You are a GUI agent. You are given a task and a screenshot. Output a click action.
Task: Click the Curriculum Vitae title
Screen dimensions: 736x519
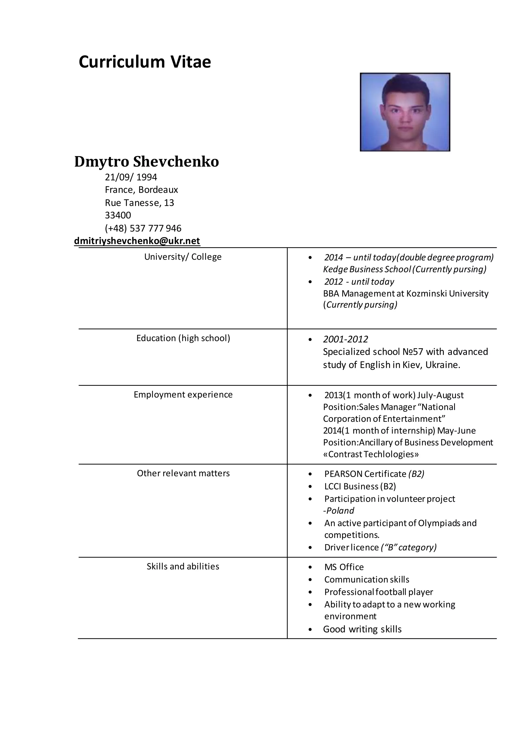pyautogui.click(x=145, y=62)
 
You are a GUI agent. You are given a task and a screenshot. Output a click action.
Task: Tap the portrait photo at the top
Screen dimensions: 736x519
pyautogui.click(x=405, y=112)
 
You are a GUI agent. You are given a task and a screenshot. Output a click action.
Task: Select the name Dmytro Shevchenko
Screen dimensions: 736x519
pyautogui.click(x=147, y=162)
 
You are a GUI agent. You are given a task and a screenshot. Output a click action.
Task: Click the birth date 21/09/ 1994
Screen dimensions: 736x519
pyautogui.click(x=131, y=177)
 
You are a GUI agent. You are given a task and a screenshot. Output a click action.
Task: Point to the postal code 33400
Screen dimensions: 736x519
pyautogui.click(x=118, y=215)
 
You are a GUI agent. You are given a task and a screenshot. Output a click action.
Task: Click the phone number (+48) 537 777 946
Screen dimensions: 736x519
pyautogui.click(x=143, y=228)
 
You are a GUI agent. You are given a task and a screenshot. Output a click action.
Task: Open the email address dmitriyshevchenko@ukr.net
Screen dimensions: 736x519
pyautogui.click(x=137, y=241)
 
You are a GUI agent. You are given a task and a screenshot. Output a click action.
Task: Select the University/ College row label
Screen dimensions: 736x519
pyautogui.click(x=183, y=257)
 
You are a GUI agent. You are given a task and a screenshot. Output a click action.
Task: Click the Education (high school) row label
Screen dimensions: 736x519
pyautogui.click(x=183, y=338)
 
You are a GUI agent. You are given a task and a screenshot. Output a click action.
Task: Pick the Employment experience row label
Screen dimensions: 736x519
pyautogui.click(x=183, y=395)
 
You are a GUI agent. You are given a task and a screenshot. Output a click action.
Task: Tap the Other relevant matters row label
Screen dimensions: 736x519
pyautogui.click(x=183, y=474)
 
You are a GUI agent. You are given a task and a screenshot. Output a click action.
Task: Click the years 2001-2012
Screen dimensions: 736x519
pyautogui.click(x=345, y=339)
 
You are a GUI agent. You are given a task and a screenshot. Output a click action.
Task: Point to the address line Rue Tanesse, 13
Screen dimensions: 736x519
pyautogui.click(x=139, y=203)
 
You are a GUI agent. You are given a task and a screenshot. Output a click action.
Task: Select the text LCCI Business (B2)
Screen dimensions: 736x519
pyautogui.click(x=360, y=486)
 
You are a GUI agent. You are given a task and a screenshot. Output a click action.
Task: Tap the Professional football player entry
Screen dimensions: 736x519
pyautogui.click(x=378, y=592)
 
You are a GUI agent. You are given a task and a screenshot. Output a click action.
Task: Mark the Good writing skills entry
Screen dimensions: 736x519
pyautogui.click(x=362, y=629)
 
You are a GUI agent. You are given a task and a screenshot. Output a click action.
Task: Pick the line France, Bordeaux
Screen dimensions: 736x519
pyautogui.click(x=141, y=190)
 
